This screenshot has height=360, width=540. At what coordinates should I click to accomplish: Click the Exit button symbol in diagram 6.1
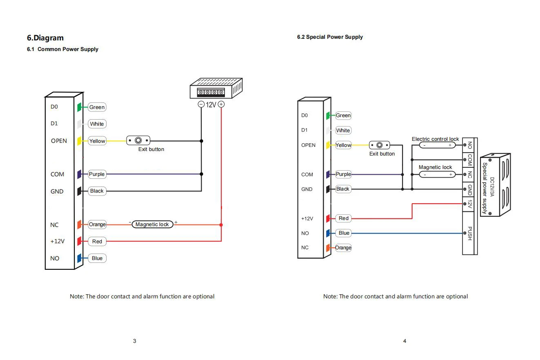click(138, 140)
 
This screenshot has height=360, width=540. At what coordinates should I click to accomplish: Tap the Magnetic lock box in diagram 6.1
click(152, 224)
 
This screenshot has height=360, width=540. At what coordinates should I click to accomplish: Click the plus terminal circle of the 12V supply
click(221, 104)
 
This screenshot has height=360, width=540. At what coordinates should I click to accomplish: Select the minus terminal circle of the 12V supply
click(201, 104)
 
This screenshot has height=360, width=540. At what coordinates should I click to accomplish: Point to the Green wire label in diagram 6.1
click(97, 107)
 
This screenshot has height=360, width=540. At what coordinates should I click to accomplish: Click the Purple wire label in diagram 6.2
click(343, 174)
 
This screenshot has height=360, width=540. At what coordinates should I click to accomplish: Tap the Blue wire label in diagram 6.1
click(97, 258)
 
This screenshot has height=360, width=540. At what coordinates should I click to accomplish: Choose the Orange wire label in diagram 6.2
click(343, 248)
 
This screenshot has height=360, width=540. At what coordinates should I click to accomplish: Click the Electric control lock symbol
click(437, 145)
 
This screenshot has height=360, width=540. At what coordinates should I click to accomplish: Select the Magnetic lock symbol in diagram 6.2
click(437, 174)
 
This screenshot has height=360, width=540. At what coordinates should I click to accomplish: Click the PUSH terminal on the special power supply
click(469, 233)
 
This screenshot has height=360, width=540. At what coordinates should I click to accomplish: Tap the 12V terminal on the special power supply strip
click(469, 204)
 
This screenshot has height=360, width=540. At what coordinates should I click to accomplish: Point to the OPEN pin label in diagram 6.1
click(59, 141)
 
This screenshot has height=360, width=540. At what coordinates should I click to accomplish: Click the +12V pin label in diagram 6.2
click(307, 218)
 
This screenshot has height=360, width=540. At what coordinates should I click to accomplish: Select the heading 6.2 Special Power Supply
click(330, 37)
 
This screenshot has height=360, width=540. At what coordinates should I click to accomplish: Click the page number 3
click(135, 341)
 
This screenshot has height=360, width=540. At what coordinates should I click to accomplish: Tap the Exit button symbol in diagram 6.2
click(380, 145)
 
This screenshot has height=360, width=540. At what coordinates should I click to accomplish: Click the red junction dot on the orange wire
click(221, 225)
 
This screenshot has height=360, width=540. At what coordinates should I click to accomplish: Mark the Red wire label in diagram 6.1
click(97, 241)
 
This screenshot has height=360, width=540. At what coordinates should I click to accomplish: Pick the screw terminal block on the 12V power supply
click(211, 92)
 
